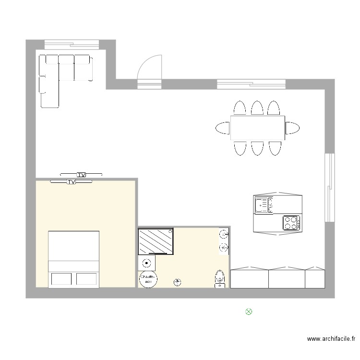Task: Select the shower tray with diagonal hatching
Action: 156,241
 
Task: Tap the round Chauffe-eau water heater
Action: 147,279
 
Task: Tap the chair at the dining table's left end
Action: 223,128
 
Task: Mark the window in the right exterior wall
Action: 329,187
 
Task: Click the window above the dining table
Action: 251,84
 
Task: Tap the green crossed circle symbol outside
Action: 249,312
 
